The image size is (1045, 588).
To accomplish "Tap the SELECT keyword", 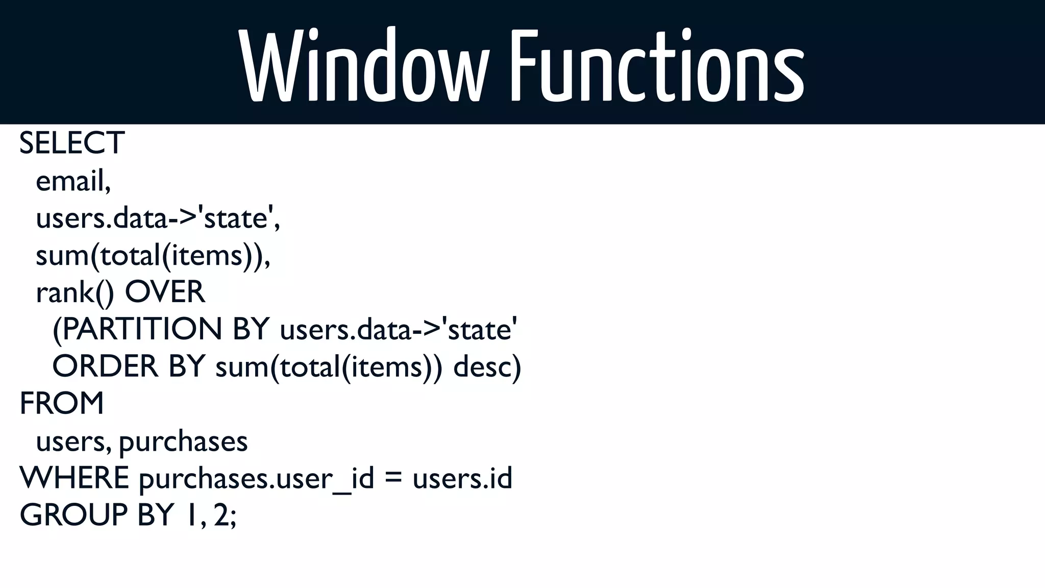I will [x=72, y=143].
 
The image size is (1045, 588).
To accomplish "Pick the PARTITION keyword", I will [x=137, y=329].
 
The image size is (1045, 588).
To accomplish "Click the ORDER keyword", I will [x=105, y=366].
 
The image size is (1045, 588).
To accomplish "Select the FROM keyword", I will [x=62, y=403].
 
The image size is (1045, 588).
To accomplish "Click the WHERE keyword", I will [x=74, y=478].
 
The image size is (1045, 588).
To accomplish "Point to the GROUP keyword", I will [x=73, y=514].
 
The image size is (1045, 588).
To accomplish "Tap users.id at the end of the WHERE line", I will [x=462, y=478].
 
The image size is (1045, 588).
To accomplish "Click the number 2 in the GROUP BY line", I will [x=221, y=514].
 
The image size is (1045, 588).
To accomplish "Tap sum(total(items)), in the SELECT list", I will [x=153, y=255].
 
